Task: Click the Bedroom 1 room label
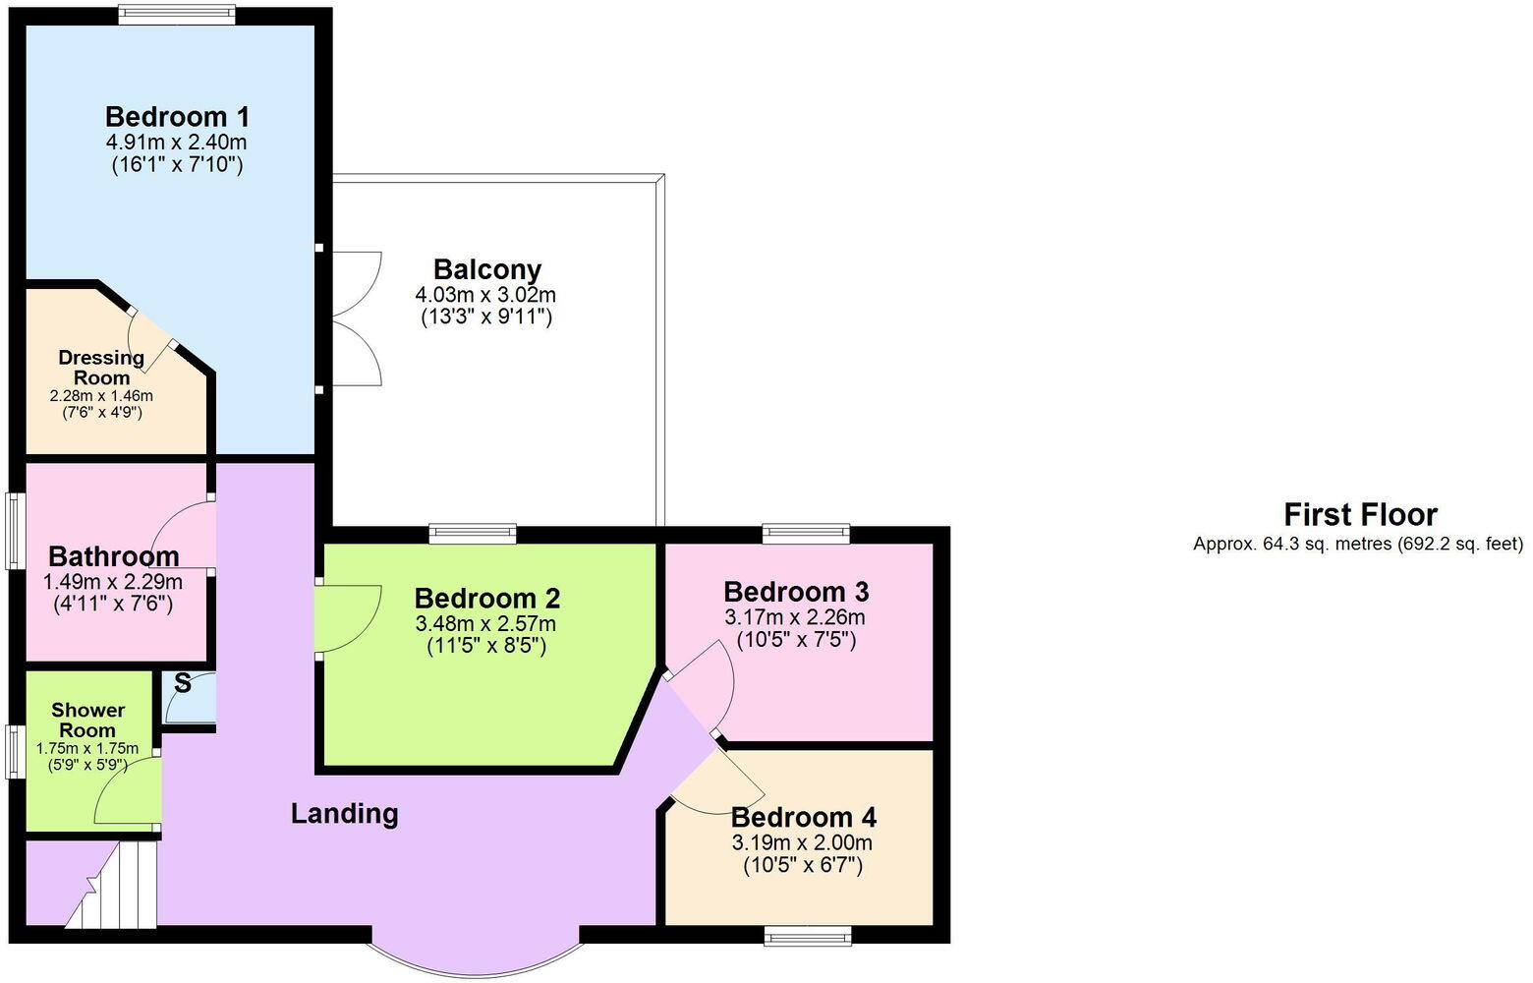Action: (177, 117)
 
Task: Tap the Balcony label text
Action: (487, 269)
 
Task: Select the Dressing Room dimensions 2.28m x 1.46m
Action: (101, 395)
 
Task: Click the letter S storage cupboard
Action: (184, 685)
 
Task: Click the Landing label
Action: (344, 814)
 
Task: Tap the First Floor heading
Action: (1360, 515)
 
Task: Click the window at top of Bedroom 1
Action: (177, 14)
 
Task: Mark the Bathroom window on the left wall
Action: (14, 531)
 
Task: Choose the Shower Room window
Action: (14, 752)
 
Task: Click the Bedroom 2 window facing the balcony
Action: (473, 534)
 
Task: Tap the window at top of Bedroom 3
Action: (807, 534)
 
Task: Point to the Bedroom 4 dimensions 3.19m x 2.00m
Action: (802, 842)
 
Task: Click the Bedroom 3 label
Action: (796, 592)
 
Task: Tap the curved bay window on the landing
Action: (475, 955)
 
